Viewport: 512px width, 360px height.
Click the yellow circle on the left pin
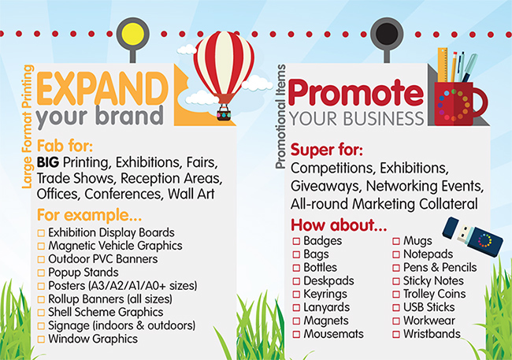132,34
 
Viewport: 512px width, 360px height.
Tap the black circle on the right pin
387,34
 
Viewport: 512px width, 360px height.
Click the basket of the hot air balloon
224,115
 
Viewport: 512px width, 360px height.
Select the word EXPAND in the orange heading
102,88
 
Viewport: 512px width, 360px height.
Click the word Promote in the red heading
355,92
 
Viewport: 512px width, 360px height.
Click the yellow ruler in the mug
443,65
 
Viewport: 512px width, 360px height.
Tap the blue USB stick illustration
473,236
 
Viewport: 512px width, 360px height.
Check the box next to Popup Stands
41,273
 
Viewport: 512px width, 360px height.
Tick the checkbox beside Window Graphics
41,340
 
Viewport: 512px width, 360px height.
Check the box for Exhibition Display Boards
41,233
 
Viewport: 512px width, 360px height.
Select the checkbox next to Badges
296,241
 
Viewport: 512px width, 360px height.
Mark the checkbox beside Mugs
396,241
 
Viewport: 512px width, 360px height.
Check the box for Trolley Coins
396,295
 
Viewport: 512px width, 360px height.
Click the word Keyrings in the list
325,295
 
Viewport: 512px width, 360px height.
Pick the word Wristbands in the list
432,334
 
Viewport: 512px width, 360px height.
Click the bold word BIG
48,162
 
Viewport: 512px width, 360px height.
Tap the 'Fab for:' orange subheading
65,146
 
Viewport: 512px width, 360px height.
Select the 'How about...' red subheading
339,225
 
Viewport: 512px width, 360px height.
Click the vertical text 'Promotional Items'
280,117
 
